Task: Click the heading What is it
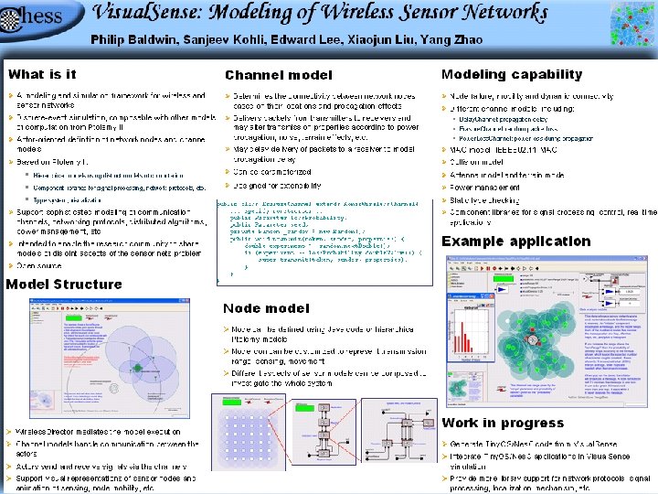[43, 74]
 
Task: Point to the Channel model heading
[280, 75]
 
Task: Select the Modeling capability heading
[512, 74]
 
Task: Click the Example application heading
[516, 242]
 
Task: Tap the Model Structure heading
[64, 285]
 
